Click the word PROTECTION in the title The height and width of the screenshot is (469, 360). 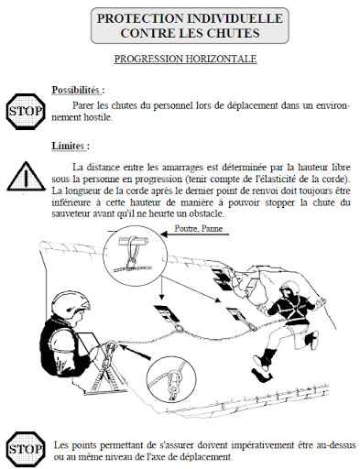139,18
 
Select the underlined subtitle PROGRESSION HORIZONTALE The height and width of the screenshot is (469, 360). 185,59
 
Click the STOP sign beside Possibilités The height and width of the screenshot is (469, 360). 25,111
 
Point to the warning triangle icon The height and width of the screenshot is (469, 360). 26,177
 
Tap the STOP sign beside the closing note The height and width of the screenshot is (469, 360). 25,450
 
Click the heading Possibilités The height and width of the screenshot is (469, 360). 78,91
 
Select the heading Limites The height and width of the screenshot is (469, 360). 71,146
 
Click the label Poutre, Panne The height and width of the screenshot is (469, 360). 199,229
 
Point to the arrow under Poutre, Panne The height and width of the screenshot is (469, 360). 195,234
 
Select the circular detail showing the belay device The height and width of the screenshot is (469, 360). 171,378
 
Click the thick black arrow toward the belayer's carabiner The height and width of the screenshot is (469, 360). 136,351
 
